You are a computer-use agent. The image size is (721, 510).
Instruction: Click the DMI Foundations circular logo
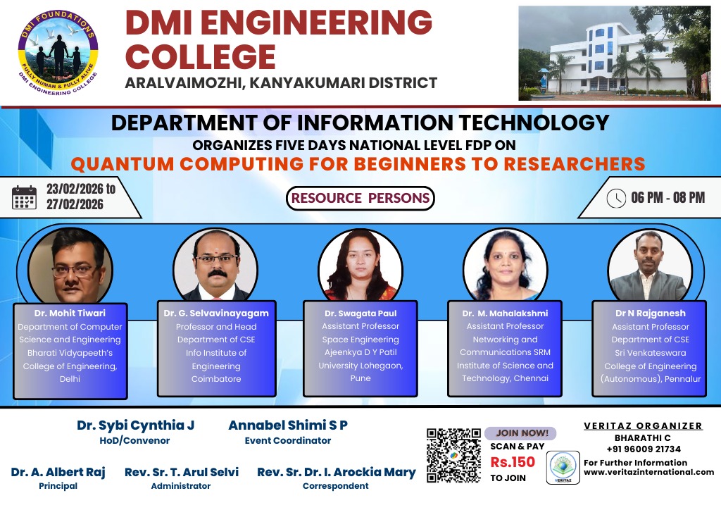click(x=58, y=53)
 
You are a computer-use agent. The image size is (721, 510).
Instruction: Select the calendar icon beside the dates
click(x=25, y=198)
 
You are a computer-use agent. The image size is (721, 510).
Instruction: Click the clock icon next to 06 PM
click(x=616, y=198)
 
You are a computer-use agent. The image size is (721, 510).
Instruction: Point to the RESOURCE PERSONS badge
click(x=360, y=198)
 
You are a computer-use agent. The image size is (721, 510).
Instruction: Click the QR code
click(x=454, y=455)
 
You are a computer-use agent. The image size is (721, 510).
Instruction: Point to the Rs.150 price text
click(x=513, y=463)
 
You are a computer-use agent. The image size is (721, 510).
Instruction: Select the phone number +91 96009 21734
click(x=644, y=449)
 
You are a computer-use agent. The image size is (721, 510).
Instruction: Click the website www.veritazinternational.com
click(x=648, y=472)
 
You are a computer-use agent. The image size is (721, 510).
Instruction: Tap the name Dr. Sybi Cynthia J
click(x=135, y=425)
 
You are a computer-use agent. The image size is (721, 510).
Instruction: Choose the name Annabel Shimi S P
click(x=288, y=425)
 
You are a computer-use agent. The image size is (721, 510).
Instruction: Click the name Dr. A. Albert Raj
click(x=58, y=472)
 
